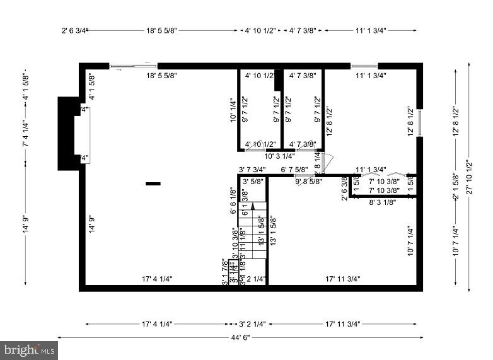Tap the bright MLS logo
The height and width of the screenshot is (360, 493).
pyautogui.click(x=29, y=349)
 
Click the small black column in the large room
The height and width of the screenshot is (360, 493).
pyautogui.click(x=153, y=183)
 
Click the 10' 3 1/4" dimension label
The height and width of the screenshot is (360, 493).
pyautogui.click(x=279, y=156)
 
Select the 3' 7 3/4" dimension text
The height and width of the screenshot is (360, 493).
pyautogui.click(x=252, y=169)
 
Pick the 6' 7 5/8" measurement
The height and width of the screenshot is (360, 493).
pyautogui.click(x=294, y=169)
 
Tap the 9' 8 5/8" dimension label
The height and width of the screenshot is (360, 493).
pyautogui.click(x=309, y=182)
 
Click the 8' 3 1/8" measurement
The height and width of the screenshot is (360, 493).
pyautogui.click(x=383, y=202)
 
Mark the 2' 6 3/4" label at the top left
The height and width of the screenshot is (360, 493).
pyautogui.click(x=74, y=30)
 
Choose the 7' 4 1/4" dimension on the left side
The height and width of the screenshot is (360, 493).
pyautogui.click(x=26, y=134)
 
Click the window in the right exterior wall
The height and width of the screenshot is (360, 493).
pyautogui.click(x=419, y=123)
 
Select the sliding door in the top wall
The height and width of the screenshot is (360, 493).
pyautogui.click(x=134, y=66)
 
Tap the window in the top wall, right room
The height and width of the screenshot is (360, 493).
pyautogui.click(x=364, y=66)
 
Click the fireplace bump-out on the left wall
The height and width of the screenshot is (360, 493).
pyautogui.click(x=68, y=133)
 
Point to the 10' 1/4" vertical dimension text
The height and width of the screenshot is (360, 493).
pyautogui.click(x=233, y=108)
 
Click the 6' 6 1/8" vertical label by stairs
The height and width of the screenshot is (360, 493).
pyautogui.click(x=233, y=203)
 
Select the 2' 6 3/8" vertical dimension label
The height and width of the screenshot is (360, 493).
pyautogui.click(x=344, y=189)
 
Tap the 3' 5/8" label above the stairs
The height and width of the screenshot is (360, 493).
pyautogui.click(x=253, y=182)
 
